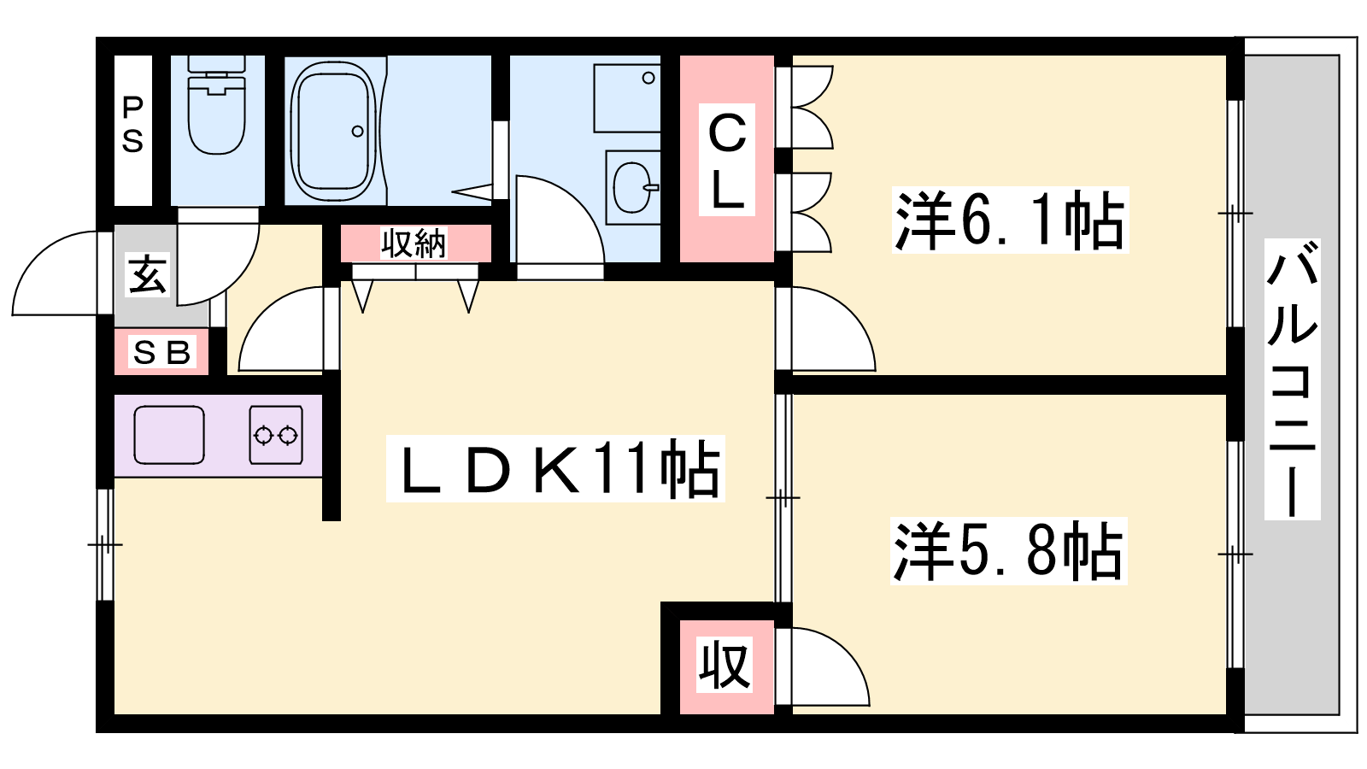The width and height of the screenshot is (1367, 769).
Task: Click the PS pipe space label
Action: [x=132, y=124]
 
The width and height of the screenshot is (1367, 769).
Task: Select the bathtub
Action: [x=333, y=126]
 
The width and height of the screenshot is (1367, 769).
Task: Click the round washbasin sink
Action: [x=632, y=188]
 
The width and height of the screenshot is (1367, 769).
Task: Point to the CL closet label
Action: [x=727, y=159]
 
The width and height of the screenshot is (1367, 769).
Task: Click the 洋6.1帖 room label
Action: [x=1010, y=220]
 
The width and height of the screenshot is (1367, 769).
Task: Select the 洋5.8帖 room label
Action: [x=1008, y=551]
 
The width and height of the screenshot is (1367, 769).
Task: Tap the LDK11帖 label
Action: [x=555, y=469]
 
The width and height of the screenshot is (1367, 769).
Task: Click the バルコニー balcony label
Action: [x=1292, y=379]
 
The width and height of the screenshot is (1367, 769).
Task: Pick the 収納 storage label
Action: [x=414, y=243]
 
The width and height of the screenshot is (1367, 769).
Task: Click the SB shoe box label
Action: [x=161, y=352]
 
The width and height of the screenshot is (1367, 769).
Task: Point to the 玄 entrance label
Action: [x=147, y=274]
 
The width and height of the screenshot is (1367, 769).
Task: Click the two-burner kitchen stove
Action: [x=276, y=435]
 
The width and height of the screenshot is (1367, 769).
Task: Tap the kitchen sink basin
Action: [x=169, y=435]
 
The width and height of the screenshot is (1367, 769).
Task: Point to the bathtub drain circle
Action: [x=358, y=132]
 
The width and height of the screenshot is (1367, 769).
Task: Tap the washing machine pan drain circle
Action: [x=648, y=78]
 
